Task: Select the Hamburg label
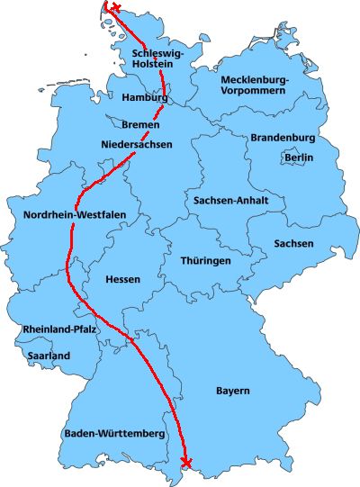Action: (x=145, y=97)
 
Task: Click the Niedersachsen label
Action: (x=137, y=144)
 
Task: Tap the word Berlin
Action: (x=299, y=158)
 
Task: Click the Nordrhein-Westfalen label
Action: (x=75, y=214)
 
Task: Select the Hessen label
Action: (x=122, y=279)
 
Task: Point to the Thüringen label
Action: (x=205, y=260)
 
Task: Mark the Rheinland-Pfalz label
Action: (x=60, y=329)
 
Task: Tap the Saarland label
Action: (x=48, y=356)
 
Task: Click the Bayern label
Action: (x=232, y=391)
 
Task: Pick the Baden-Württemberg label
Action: (x=114, y=435)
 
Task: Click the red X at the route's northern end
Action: (x=114, y=8)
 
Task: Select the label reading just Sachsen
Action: (x=293, y=244)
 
